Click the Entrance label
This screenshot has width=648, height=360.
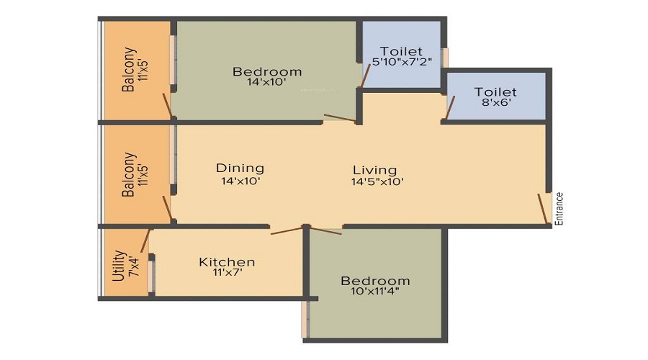(x=559, y=209)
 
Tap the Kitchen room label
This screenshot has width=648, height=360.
(x=227, y=262)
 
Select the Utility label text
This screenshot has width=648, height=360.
(x=120, y=265)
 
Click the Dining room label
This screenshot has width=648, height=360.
(x=240, y=168)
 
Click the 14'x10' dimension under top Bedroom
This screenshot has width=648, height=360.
(x=266, y=82)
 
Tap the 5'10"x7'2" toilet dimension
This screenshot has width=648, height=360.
(x=401, y=63)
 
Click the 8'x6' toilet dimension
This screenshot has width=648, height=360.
(x=495, y=103)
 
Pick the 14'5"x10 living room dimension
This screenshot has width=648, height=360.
(x=377, y=181)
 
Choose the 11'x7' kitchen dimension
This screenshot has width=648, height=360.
(x=227, y=274)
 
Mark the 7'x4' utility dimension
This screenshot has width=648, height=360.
(x=132, y=265)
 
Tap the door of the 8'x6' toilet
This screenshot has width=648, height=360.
(x=450, y=107)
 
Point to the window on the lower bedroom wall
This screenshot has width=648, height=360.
(x=305, y=318)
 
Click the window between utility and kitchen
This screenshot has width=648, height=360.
(x=150, y=276)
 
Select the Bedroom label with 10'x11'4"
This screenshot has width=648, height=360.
(x=375, y=281)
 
